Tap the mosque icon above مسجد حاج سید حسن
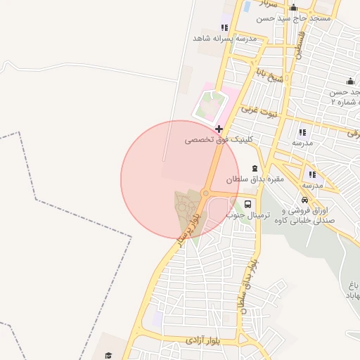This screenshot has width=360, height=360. coord(293,8)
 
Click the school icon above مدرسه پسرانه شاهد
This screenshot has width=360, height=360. coord(224,27)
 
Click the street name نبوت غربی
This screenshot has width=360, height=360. coord(260,110)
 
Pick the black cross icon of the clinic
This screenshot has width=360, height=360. coord(219,129)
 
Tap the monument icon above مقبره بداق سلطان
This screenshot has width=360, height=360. coord(255,169)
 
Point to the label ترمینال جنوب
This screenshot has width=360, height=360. coord(240,216)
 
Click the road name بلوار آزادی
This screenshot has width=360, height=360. coord(205,340)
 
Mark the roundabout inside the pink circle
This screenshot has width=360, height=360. coord(206,193)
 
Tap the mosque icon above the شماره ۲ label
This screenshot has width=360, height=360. coord(349,81)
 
